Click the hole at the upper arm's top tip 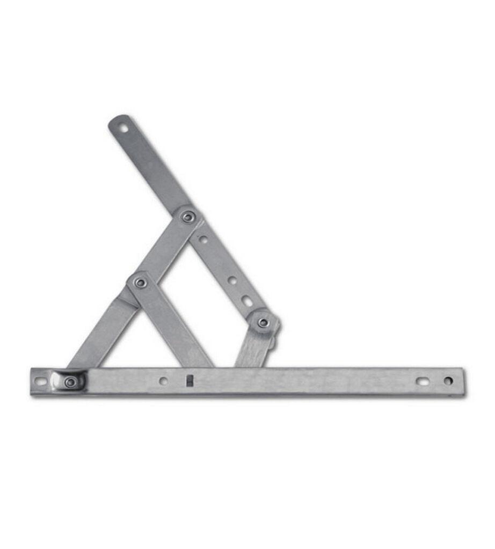pyautogui.click(x=123, y=128)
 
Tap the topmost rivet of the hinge pyautogui.click(x=188, y=217)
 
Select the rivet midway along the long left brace pyautogui.click(x=141, y=282)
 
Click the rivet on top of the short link pyautogui.click(x=263, y=323)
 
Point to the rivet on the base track pyautogui.click(x=70, y=382)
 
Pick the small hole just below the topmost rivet pyautogui.click(x=203, y=239)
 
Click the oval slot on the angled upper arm pyautogui.click(x=247, y=301)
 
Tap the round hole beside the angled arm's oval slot pyautogui.click(x=232, y=280)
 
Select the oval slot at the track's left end pyautogui.click(x=41, y=382)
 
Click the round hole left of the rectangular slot pyautogui.click(x=163, y=381)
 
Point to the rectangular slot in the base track pyautogui.click(x=189, y=380)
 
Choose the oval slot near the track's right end pyautogui.click(x=423, y=381)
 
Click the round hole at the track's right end pyautogui.click(x=448, y=381)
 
